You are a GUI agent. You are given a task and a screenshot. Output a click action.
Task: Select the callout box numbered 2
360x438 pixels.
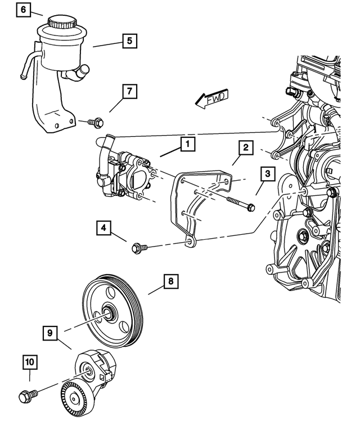[x=245, y=148]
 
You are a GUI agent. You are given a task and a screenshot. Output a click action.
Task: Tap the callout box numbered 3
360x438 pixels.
[x=267, y=173]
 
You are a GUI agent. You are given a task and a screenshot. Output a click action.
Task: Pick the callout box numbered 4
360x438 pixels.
[x=103, y=228]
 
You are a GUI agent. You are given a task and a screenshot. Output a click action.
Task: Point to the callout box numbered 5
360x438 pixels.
[x=129, y=41]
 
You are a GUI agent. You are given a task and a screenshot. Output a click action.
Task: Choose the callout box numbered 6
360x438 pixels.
[x=22, y=10]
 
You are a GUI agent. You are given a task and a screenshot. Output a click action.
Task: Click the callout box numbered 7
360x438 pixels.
[x=129, y=91]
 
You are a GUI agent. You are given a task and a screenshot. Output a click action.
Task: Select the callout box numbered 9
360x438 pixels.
[x=50, y=334]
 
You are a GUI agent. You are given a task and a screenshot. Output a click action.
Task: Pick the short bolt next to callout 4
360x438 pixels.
[x=138, y=247]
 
